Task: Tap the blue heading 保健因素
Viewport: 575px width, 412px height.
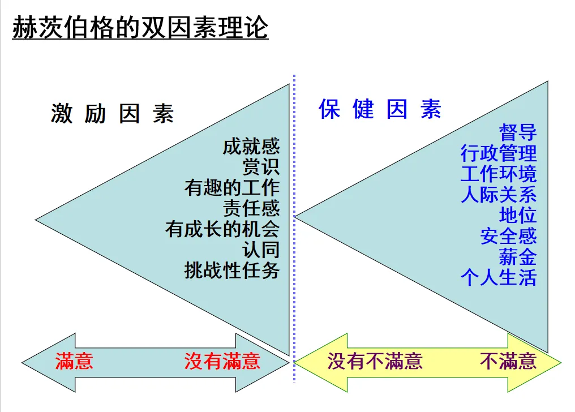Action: (380, 109)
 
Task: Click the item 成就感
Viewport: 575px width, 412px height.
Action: (251, 147)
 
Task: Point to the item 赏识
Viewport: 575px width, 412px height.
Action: (261, 167)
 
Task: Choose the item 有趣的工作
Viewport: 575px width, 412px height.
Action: (232, 187)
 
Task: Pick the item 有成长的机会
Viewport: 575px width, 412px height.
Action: (222, 229)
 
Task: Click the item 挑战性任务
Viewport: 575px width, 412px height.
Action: (232, 270)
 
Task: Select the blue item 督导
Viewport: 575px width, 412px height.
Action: (518, 132)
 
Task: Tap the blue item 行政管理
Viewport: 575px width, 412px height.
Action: (499, 153)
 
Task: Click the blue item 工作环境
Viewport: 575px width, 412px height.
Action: (499, 173)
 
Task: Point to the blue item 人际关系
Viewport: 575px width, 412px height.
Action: (499, 194)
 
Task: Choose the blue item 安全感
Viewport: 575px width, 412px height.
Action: (508, 236)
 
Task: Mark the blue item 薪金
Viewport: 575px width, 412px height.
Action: (518, 257)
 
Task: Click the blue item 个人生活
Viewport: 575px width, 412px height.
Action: (499, 278)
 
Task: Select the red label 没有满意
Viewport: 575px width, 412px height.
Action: (222, 361)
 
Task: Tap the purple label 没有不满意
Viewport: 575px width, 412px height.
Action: (375, 361)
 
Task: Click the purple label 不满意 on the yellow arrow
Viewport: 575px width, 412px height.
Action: (508, 361)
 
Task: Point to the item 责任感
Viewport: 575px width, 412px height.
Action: (251, 208)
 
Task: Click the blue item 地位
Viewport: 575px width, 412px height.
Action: (518, 215)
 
